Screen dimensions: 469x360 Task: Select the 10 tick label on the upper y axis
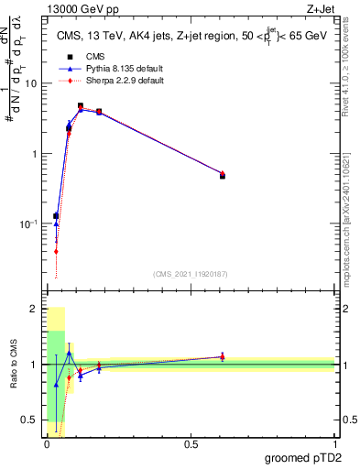click(30, 83)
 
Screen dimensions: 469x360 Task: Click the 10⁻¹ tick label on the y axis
click(28, 224)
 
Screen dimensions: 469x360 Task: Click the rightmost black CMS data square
click(223, 176)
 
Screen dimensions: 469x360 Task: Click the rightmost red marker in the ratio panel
click(223, 357)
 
